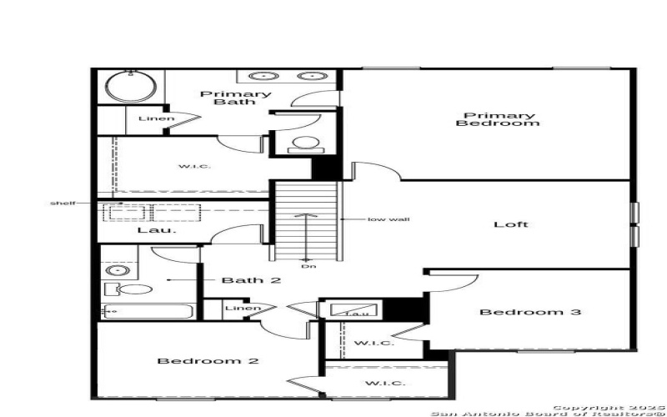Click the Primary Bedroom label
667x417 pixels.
pyautogui.click(x=498, y=119)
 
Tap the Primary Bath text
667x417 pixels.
pyautogui.click(x=235, y=98)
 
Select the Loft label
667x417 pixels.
pyautogui.click(x=511, y=224)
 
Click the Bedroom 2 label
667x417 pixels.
pyautogui.click(x=208, y=361)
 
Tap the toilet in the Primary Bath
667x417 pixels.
pyautogui.click(x=306, y=143)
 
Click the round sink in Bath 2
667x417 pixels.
pyautogui.click(x=118, y=270)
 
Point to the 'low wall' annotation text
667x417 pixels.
pyautogui.click(x=389, y=219)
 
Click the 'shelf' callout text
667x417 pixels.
pyautogui.click(x=63, y=203)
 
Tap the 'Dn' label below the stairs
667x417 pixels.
pyautogui.click(x=308, y=266)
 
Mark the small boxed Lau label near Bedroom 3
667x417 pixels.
pyautogui.click(x=357, y=312)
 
